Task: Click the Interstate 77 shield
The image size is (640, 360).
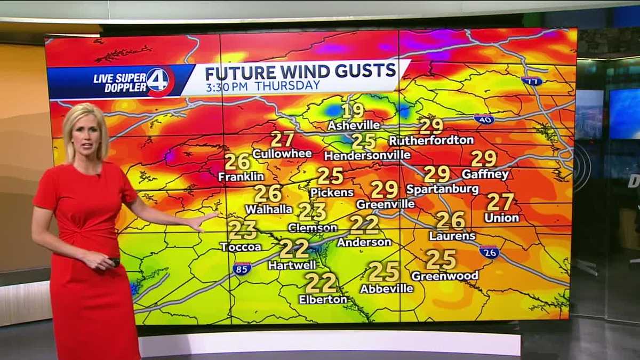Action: [x=532, y=81]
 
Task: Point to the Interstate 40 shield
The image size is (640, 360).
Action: [x=484, y=119]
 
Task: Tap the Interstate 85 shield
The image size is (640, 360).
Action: [x=242, y=269]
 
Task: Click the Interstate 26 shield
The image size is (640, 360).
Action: [x=489, y=252]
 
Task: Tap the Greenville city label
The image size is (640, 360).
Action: [x=385, y=204]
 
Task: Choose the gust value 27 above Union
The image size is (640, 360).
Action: [x=500, y=202]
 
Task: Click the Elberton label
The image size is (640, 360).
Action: [x=323, y=300]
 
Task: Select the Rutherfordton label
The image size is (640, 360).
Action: [x=431, y=140]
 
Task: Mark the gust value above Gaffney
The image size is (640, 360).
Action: [x=484, y=158]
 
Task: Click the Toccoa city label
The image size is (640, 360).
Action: [x=241, y=247]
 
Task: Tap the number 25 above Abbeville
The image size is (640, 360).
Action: [x=384, y=271]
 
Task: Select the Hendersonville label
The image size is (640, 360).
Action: [x=367, y=156]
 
